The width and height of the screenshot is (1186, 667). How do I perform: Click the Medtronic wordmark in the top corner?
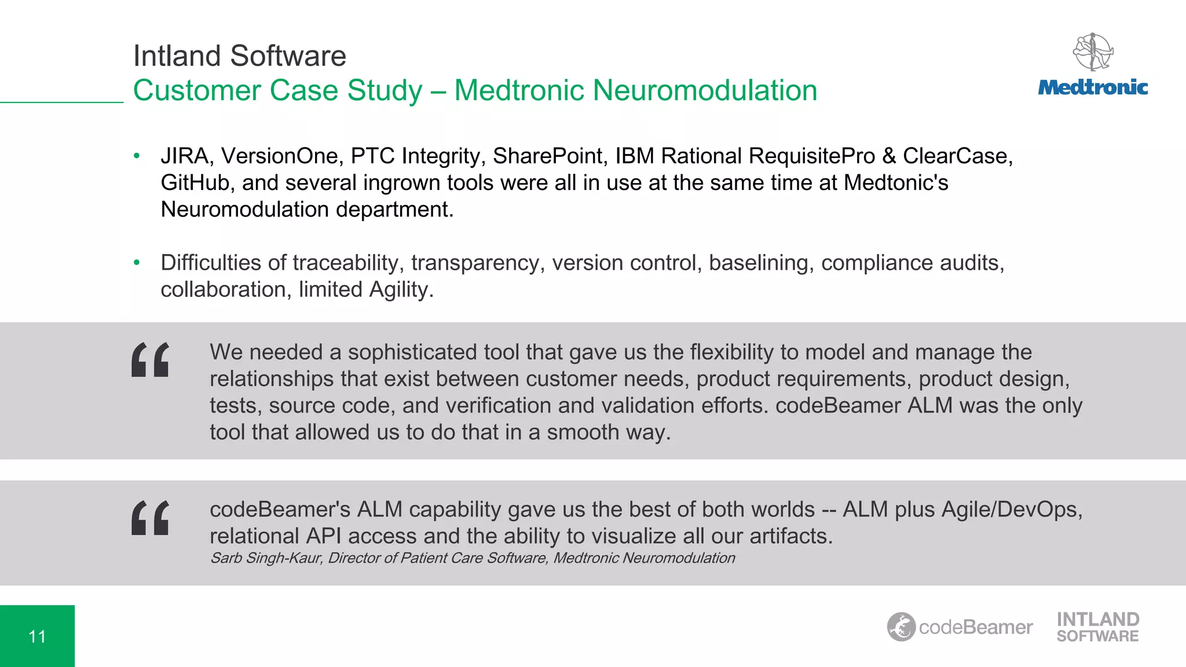(1093, 87)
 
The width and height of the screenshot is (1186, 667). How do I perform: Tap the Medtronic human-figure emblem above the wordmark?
(1093, 52)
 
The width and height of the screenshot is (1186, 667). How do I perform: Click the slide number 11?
(37, 637)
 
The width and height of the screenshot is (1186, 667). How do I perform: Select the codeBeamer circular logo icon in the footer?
(901, 627)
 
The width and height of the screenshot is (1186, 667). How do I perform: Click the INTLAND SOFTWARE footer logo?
(1097, 627)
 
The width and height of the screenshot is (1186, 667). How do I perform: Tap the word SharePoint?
(547, 156)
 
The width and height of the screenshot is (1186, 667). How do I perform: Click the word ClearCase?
(957, 156)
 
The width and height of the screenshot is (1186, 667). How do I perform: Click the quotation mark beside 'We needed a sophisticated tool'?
(151, 360)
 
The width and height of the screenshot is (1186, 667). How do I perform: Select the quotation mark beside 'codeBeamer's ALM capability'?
(151, 518)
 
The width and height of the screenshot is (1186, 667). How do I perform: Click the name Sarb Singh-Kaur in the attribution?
(266, 558)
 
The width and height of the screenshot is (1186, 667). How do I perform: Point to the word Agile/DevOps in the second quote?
(1011, 510)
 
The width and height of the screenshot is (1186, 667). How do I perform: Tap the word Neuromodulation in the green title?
(705, 90)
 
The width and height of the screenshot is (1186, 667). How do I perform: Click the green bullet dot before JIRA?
(137, 156)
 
